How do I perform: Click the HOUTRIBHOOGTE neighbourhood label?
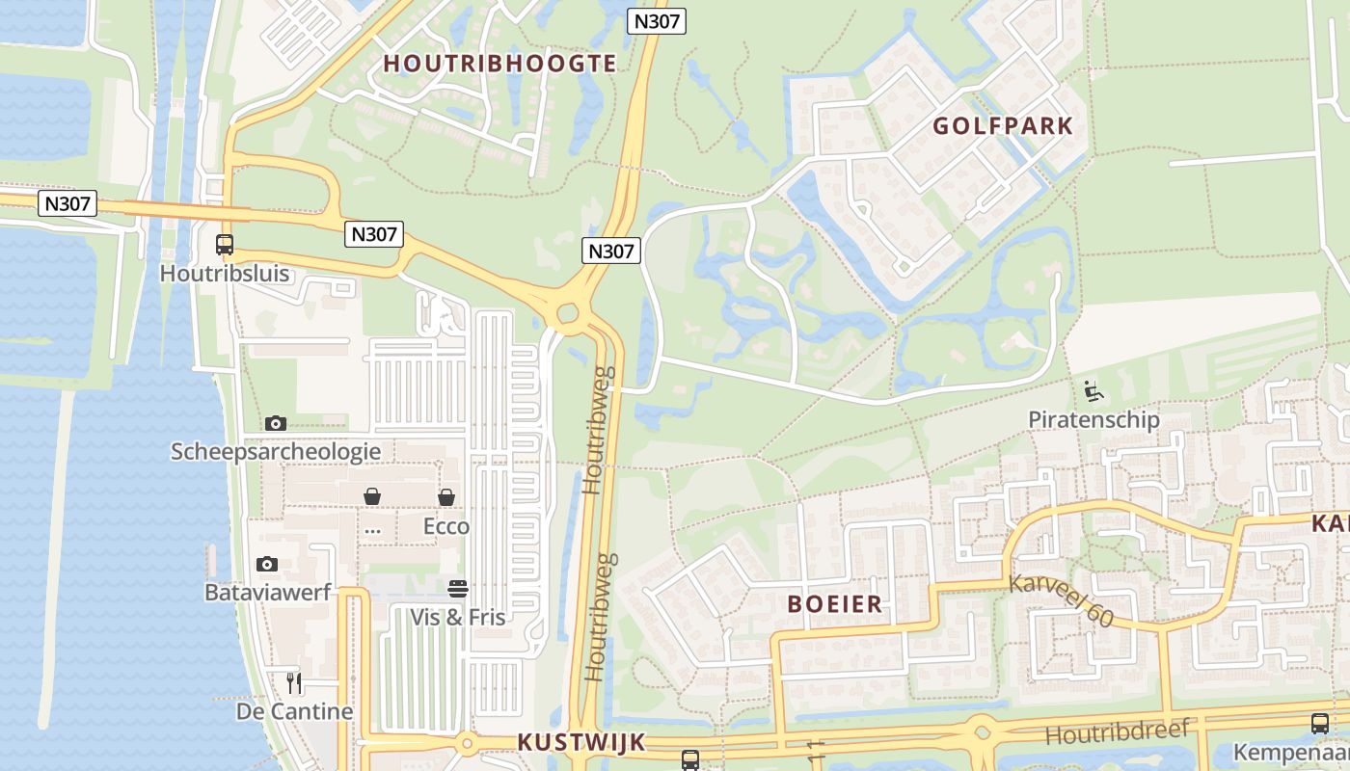[x=499, y=64]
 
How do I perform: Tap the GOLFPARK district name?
[x=1002, y=126]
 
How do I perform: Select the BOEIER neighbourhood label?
[x=834, y=604]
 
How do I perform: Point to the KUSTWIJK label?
[x=580, y=742]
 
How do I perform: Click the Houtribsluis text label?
[x=225, y=273]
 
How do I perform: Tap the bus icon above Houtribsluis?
[x=225, y=245]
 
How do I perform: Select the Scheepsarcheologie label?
[x=276, y=451]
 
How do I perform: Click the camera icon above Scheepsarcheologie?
[x=276, y=423]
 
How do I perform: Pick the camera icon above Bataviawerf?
[x=267, y=564]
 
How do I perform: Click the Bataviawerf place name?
[x=267, y=592]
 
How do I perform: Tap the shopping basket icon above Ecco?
[x=446, y=497]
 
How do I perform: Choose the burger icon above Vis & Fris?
[x=458, y=588]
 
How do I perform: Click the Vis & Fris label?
[x=458, y=617]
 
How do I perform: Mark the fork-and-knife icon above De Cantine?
[x=294, y=683]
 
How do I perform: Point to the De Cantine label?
[x=294, y=712]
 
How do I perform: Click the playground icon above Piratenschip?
[x=1093, y=391]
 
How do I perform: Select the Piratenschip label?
[x=1093, y=420]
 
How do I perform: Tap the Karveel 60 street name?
[x=1061, y=599]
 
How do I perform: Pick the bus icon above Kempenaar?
[x=1320, y=724]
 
